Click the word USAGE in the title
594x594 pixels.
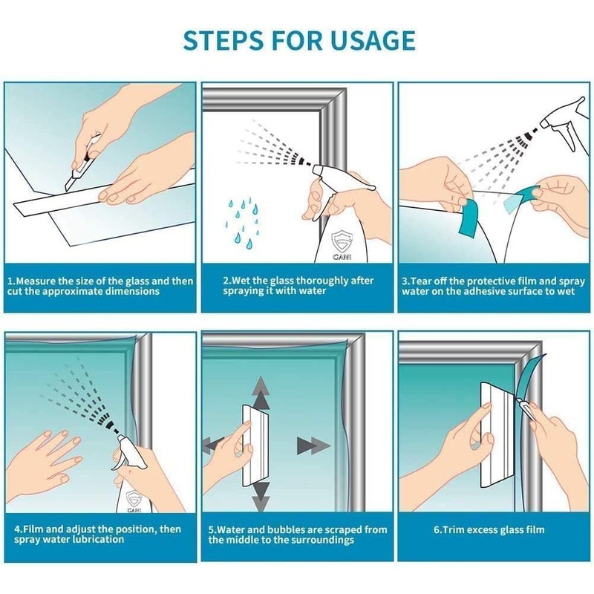[373, 40]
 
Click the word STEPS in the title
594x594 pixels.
[223, 40]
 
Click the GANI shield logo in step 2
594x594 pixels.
[342, 244]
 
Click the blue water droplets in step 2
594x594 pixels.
[243, 223]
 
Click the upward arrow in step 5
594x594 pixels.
[261, 394]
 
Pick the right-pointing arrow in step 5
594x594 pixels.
[313, 446]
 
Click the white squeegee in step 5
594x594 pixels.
[255, 446]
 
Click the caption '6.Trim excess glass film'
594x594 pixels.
[489, 529]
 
